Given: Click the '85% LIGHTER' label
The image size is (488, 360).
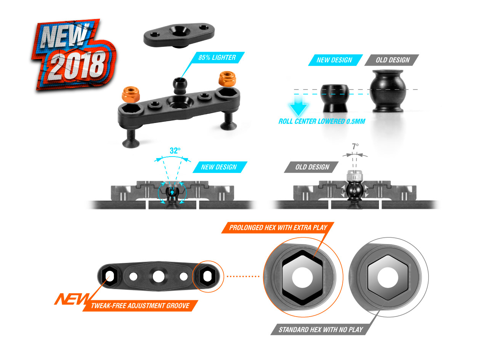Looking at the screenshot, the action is (217, 58).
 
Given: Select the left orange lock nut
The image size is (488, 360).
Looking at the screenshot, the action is (131, 94).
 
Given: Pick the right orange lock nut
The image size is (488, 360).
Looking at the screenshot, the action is (227, 79).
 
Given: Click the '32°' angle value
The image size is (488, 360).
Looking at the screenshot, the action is (175, 150).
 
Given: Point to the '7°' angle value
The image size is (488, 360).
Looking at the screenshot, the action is (355, 146).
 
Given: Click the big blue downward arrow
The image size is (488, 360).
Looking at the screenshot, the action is (299, 104).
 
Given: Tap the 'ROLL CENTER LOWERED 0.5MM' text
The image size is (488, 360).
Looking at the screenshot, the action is (322, 121).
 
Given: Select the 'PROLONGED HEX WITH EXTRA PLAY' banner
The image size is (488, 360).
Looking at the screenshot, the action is (278, 227).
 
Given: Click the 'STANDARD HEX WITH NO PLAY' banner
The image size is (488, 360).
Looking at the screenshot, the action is (321, 330).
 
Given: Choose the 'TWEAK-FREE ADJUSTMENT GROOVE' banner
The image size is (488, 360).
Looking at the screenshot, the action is (140, 306).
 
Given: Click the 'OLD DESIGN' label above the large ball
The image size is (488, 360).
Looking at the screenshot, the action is (392, 60).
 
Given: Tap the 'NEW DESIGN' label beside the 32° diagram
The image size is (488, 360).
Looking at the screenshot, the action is (220, 167).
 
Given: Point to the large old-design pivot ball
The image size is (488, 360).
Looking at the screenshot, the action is (388, 91).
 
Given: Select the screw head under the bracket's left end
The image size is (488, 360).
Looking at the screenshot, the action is (131, 143).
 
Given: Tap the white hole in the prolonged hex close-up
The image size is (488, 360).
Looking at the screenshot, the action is (302, 277).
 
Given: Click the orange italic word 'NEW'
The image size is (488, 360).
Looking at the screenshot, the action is (72, 299).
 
